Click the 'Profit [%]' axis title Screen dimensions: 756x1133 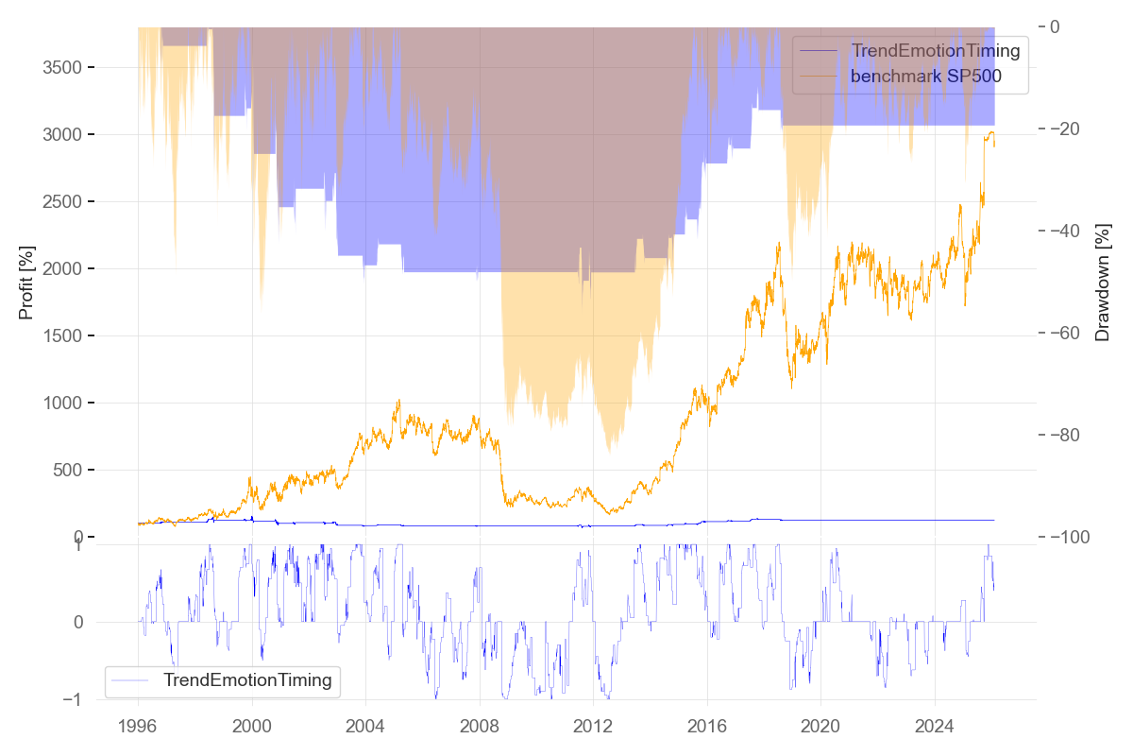[x=26, y=282]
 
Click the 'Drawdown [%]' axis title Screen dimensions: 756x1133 [x=1101, y=282]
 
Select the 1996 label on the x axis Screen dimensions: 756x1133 [x=138, y=726]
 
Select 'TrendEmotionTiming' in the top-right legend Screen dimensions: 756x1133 [x=936, y=51]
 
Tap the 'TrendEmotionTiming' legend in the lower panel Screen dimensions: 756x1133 [x=247, y=679]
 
